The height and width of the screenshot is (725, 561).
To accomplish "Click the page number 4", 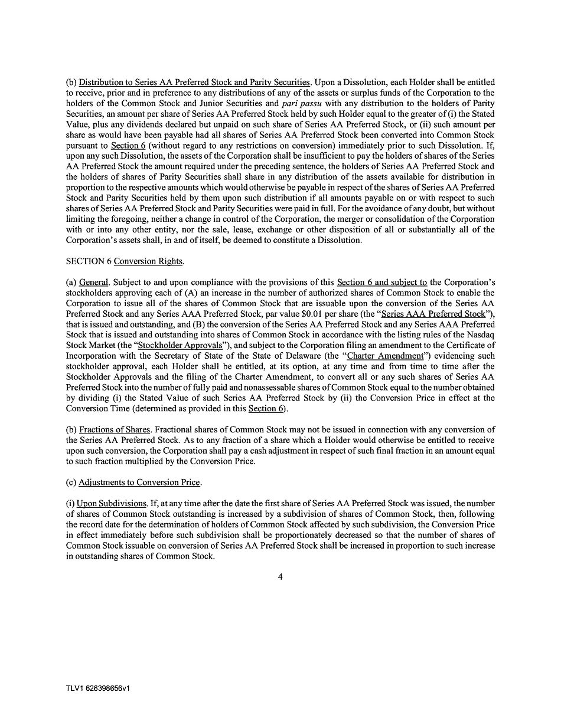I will (280, 577).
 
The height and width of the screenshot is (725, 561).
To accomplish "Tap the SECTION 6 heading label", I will (89, 261).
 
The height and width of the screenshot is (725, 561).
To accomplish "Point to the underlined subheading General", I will (93, 282).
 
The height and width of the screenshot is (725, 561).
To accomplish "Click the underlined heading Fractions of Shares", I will (115, 429).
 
